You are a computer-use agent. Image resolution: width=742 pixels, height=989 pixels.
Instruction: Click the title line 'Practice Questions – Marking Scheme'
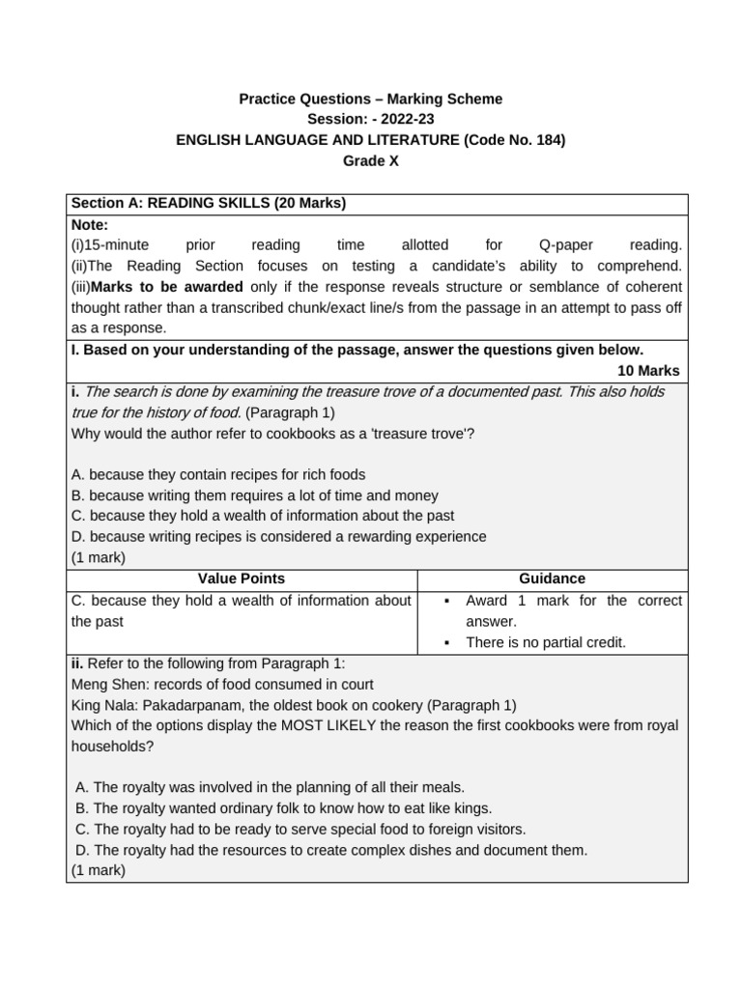coord(371,99)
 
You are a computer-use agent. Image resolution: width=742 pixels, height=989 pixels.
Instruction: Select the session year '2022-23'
coord(409,119)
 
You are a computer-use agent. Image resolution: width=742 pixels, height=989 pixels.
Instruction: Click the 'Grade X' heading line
coord(371,161)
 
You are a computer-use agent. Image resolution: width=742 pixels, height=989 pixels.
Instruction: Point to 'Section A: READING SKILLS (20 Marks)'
coord(209,203)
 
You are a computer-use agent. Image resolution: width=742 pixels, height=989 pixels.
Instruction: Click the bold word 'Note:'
coord(89,224)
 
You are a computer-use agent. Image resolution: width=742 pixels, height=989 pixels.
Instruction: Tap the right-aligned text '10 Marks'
coord(648,371)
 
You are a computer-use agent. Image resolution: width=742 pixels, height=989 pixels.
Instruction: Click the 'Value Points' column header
coord(242,579)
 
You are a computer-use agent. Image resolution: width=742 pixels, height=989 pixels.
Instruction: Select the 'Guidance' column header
coord(552,579)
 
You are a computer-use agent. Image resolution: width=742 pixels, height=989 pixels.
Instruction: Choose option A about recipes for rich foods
coord(218,474)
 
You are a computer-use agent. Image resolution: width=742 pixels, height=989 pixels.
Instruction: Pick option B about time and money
coord(254,494)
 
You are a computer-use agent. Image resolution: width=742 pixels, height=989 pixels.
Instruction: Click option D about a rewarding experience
coord(278,536)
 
